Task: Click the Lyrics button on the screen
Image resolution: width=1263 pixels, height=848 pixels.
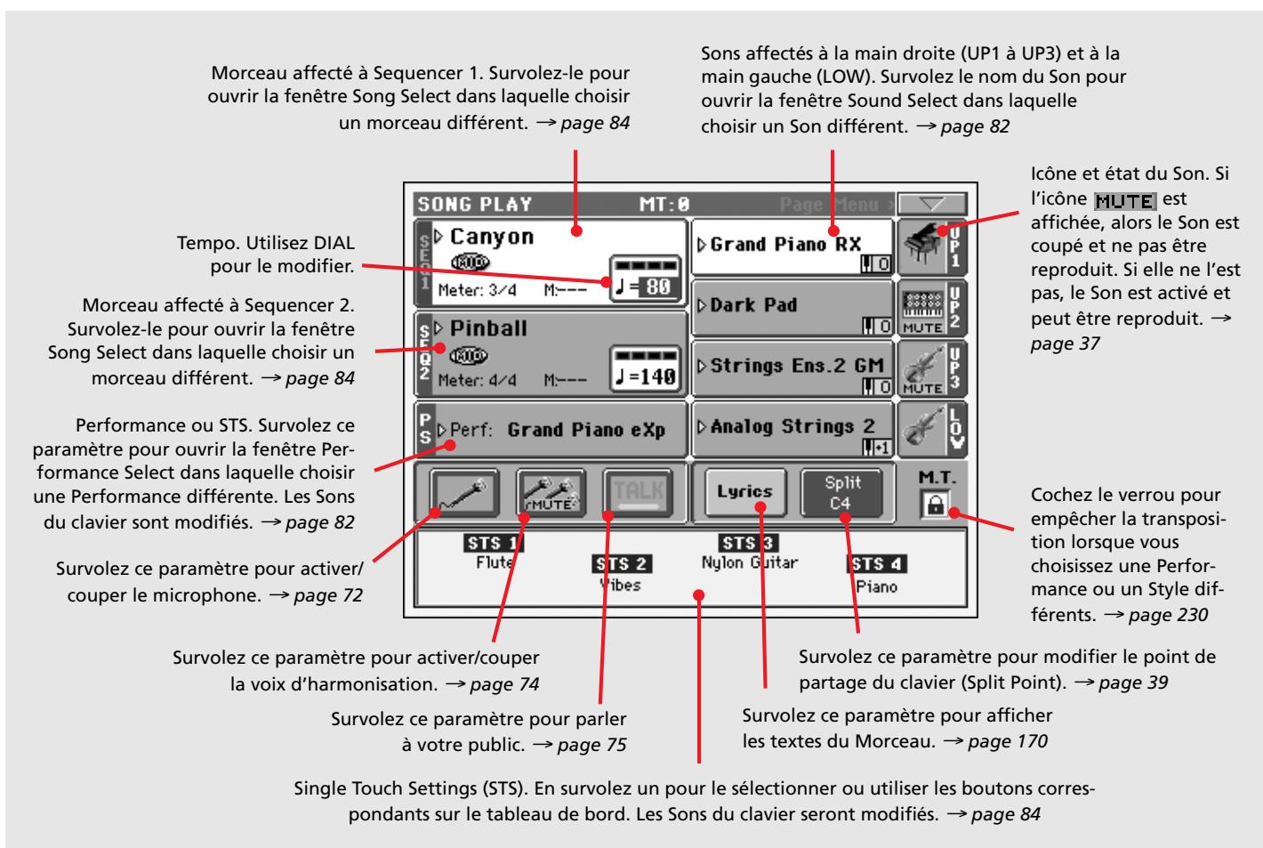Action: coord(744,493)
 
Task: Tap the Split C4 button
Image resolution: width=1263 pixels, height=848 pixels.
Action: coord(842,493)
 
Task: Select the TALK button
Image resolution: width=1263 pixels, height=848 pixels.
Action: coord(639,493)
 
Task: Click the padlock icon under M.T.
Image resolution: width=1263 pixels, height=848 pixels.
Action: coord(936,504)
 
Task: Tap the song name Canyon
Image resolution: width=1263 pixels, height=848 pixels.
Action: coord(492,237)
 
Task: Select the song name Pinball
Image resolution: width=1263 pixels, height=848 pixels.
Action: coord(488,327)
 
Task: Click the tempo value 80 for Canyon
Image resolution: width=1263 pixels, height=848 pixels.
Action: coord(657,287)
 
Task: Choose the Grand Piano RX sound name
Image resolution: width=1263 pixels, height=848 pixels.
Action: coord(785,245)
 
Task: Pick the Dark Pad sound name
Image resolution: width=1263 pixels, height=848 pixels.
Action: coord(753,305)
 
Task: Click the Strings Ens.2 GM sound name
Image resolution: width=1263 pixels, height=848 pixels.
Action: coord(797,366)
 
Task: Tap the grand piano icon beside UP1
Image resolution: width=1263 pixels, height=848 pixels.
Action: coord(922,245)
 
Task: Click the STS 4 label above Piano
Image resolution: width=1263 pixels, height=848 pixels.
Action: coord(876,563)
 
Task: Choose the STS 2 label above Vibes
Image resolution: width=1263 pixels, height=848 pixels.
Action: coord(622,563)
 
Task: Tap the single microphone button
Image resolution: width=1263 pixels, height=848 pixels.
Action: coord(464,493)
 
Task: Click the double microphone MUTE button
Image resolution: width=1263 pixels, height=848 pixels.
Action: coord(551,493)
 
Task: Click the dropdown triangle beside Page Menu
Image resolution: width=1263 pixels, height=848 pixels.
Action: coord(932,203)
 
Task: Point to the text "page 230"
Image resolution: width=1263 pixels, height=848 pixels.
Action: coord(1169,614)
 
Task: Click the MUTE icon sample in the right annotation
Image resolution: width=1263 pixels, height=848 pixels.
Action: coord(1125,201)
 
